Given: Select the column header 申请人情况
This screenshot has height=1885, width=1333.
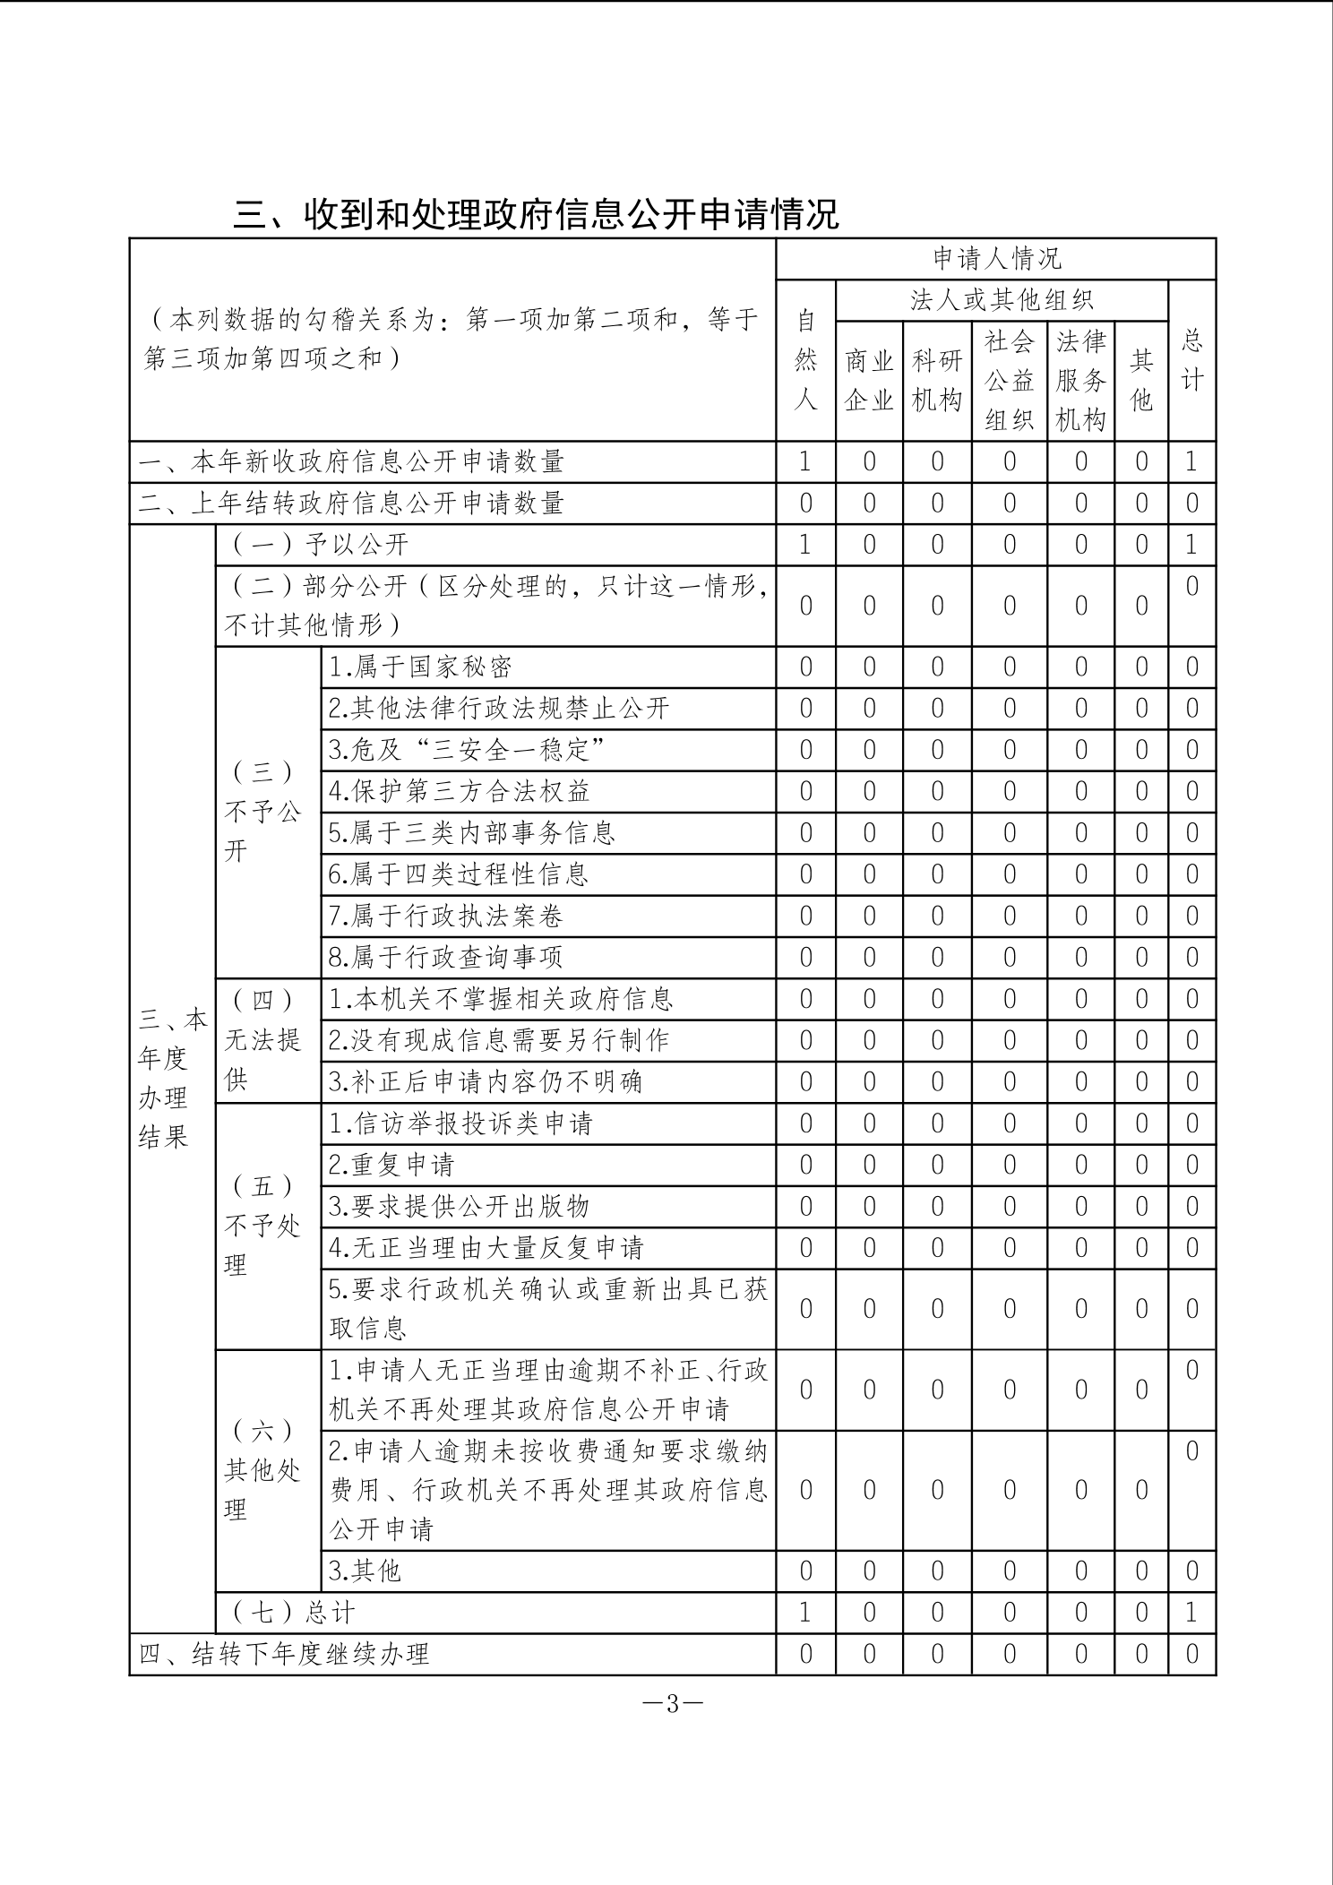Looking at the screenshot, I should (x=996, y=259).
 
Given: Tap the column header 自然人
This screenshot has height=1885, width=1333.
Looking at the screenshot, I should (x=805, y=360).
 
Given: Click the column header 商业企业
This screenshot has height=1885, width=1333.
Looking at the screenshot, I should (x=869, y=381).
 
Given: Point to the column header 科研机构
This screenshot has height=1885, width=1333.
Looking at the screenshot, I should (x=937, y=381).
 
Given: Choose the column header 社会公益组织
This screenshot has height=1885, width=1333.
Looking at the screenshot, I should (x=1010, y=381).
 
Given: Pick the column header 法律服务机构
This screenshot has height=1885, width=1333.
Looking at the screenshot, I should (x=1080, y=381).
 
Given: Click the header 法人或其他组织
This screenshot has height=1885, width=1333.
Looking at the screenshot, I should (x=1002, y=301).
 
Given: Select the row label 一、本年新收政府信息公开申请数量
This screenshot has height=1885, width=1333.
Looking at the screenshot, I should (x=351, y=462).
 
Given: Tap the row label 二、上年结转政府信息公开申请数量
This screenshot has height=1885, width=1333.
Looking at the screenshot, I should (x=351, y=504).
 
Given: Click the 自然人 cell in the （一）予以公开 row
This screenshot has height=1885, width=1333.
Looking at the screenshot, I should (x=805, y=545).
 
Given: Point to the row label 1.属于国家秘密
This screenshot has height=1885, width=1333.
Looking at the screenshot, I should (x=420, y=667).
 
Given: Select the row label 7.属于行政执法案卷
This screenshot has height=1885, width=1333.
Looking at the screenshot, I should (x=446, y=917).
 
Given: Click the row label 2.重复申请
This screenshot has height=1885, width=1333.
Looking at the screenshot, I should (x=391, y=1165).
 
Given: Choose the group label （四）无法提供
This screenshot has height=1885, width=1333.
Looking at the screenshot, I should (x=262, y=1040).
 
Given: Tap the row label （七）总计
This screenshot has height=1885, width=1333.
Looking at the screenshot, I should (x=294, y=1613).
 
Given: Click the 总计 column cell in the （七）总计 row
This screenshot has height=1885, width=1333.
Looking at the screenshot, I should (x=1191, y=1613).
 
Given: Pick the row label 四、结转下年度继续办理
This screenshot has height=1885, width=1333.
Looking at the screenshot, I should (x=284, y=1654).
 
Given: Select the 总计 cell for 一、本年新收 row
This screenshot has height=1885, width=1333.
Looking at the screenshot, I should (x=1191, y=462).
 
